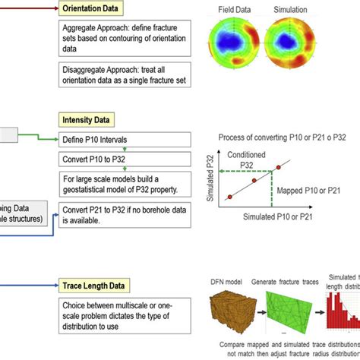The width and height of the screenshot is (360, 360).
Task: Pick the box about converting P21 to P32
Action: point(122,216)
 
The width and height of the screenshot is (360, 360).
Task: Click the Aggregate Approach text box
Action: point(122,37)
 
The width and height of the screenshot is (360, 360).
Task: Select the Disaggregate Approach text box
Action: point(122,75)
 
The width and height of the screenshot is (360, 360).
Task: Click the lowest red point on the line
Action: point(229,198)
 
